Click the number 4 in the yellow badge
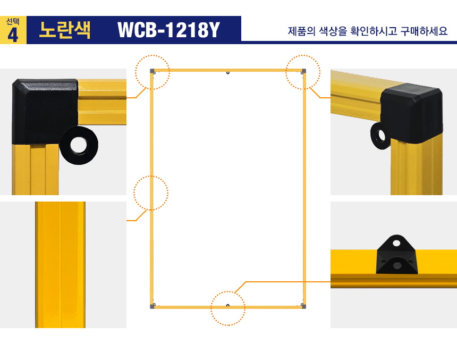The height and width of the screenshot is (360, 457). pyautogui.click(x=13, y=35)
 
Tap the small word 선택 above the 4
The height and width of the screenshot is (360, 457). pyautogui.click(x=13, y=22)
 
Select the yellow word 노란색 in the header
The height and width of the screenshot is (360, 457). pyautogui.click(x=65, y=30)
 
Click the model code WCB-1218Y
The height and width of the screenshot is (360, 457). pyautogui.click(x=168, y=30)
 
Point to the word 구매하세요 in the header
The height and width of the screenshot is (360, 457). pyautogui.click(x=424, y=31)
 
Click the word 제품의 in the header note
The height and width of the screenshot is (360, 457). pyautogui.click(x=302, y=31)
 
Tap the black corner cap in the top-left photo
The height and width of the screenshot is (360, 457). pyautogui.click(x=45, y=111)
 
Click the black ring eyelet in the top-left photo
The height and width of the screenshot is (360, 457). pyautogui.click(x=79, y=145)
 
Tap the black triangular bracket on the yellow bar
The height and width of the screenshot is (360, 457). pyautogui.click(x=396, y=255)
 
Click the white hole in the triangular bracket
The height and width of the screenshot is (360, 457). pyautogui.click(x=396, y=243)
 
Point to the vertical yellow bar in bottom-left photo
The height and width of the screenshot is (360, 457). pyautogui.click(x=61, y=265)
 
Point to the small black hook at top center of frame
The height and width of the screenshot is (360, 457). pyautogui.click(x=228, y=73)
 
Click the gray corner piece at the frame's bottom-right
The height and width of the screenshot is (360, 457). pyautogui.click(x=303, y=306)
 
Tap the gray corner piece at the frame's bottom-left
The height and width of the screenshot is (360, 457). pyautogui.click(x=152, y=306)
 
